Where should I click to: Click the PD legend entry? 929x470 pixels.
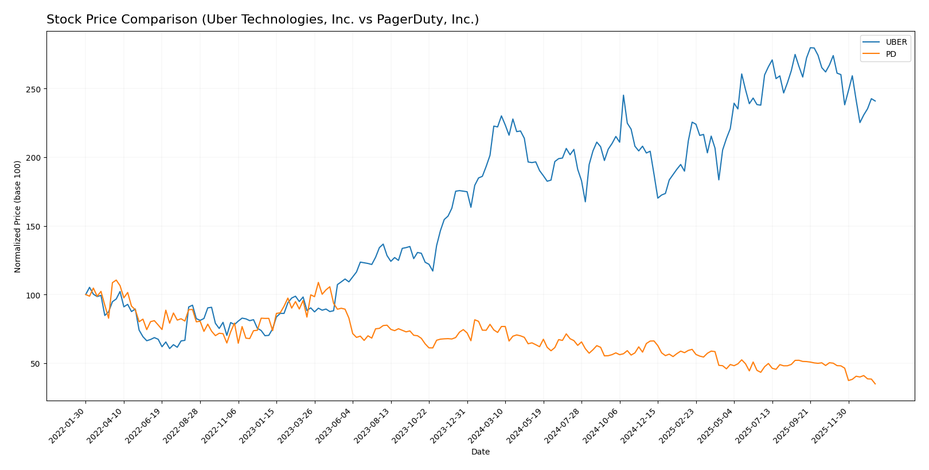pos(891,55)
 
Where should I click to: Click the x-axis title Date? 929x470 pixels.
pos(481,452)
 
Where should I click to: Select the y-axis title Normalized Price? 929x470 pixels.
pos(18,216)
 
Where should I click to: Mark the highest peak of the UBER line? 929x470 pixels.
pos(811,48)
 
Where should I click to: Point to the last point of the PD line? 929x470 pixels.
pos(875,384)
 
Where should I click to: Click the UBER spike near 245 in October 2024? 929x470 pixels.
pos(623,95)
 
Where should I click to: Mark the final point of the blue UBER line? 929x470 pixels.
pos(875,101)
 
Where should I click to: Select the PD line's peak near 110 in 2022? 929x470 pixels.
pos(116,280)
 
